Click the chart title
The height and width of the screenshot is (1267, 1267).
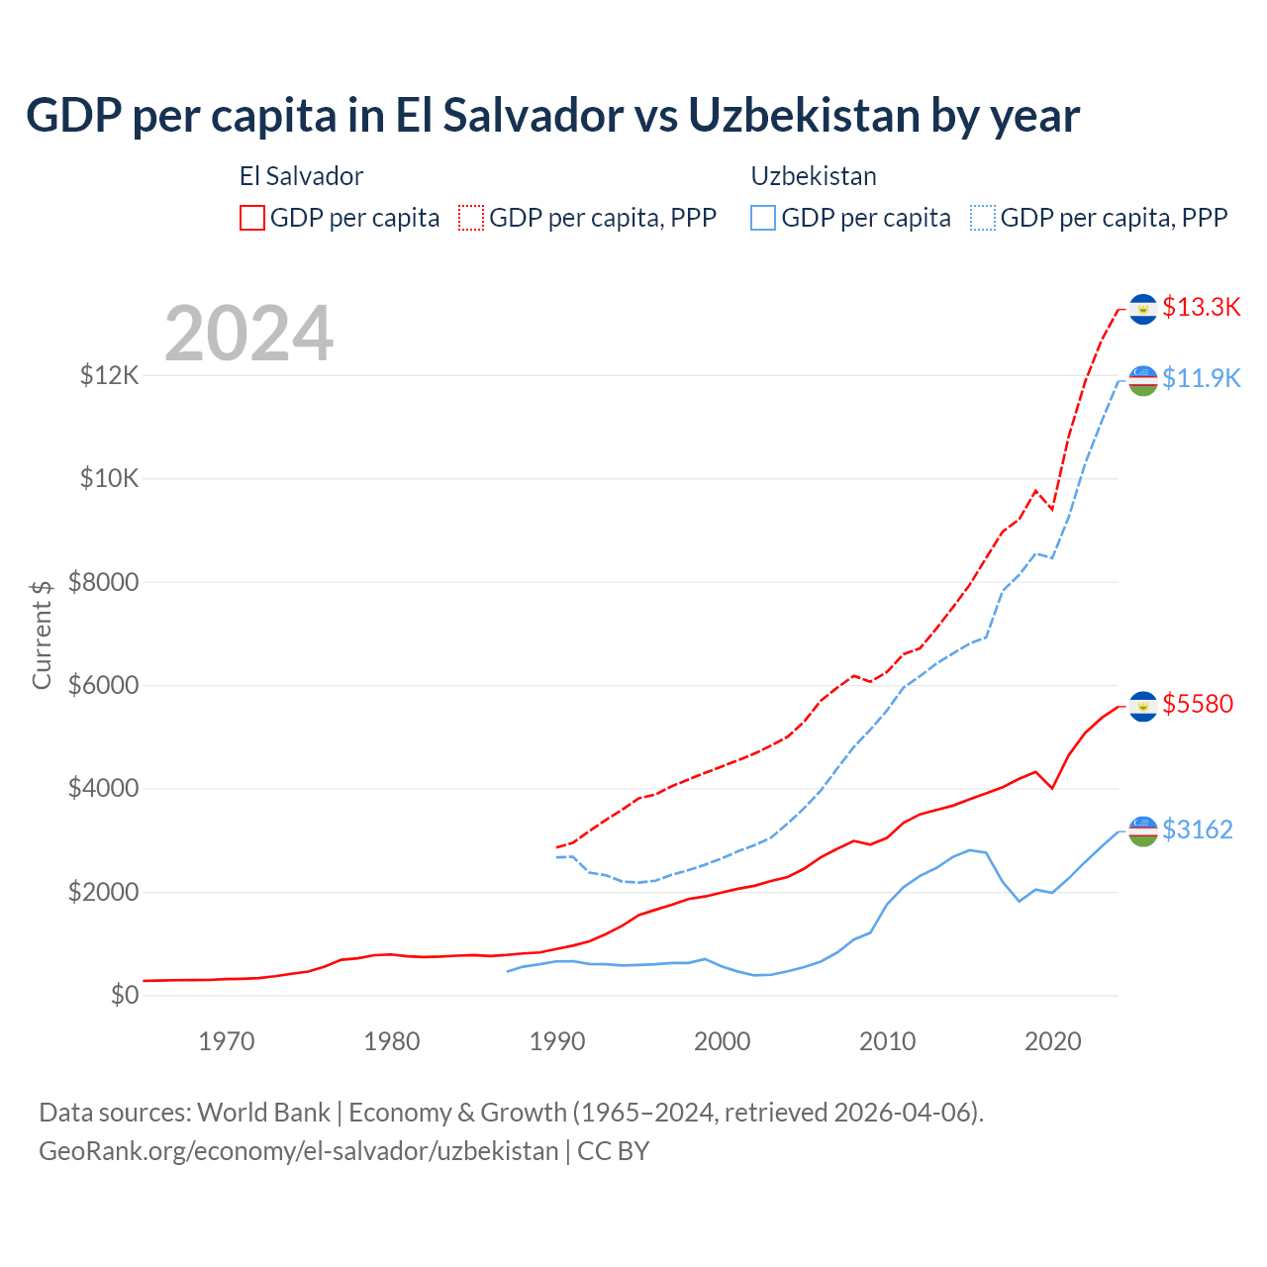click(x=552, y=116)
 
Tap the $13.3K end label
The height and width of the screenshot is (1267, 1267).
click(x=1201, y=307)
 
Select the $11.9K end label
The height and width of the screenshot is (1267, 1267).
click(x=1201, y=378)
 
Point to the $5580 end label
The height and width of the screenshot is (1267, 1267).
click(x=1198, y=704)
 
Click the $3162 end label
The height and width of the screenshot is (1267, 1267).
click(x=1198, y=829)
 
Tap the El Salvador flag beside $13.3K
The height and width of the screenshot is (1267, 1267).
click(x=1143, y=309)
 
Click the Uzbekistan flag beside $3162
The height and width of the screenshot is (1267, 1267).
click(x=1143, y=831)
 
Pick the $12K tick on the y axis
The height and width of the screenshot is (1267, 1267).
click(x=110, y=375)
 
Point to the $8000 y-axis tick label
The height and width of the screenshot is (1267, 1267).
click(x=103, y=582)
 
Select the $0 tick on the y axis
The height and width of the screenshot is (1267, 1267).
click(x=125, y=995)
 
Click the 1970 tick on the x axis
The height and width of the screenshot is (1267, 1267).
click(x=227, y=1041)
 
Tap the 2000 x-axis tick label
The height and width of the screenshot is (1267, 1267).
click(x=723, y=1041)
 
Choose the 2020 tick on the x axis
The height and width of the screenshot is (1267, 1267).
click(x=1052, y=1041)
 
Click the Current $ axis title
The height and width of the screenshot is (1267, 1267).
click(x=42, y=633)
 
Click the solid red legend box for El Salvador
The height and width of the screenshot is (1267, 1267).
click(x=252, y=218)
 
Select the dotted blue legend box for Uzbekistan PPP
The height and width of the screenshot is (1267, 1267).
click(x=983, y=218)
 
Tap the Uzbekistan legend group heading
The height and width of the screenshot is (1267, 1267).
click(x=814, y=176)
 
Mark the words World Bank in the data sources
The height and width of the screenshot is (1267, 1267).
click(x=263, y=1113)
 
